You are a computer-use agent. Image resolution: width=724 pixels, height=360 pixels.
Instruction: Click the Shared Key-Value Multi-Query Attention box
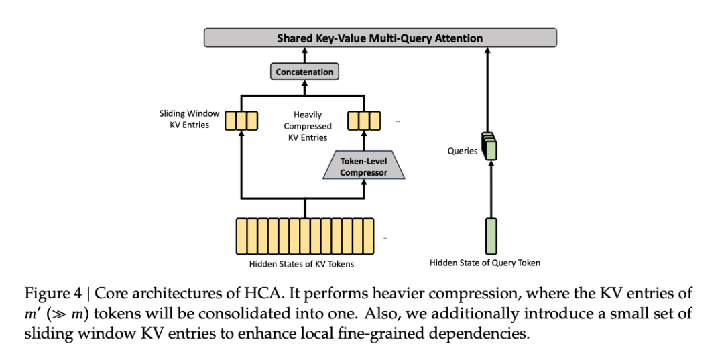[380, 38]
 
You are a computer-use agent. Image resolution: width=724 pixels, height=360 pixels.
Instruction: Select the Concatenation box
[305, 72]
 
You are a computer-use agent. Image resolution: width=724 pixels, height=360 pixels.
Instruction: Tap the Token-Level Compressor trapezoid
[363, 167]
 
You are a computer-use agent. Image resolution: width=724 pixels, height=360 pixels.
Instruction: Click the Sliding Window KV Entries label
[189, 119]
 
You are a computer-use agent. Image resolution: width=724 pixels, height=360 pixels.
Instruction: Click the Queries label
[463, 151]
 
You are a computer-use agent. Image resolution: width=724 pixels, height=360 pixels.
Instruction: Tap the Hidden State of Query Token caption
[485, 263]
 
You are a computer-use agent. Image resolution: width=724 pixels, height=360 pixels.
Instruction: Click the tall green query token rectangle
[491, 235]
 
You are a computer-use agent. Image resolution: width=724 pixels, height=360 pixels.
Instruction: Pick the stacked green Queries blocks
[491, 147]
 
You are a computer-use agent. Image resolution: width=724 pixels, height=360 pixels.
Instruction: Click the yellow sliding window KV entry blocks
[241, 120]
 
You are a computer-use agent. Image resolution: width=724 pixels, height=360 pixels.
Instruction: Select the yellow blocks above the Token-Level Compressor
[363, 120]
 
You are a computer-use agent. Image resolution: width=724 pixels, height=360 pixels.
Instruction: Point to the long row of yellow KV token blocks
[304, 235]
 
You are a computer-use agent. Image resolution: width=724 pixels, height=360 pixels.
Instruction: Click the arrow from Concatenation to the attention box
[305, 55]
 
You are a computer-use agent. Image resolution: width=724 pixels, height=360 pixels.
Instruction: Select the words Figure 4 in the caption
[48, 295]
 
